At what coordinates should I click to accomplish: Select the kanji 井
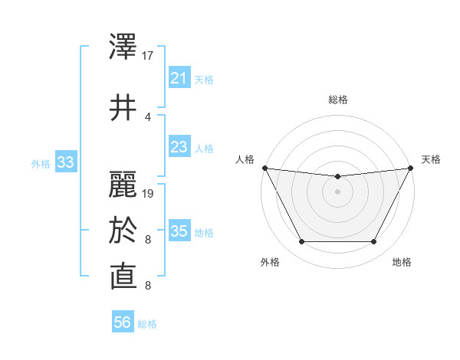coord(123,108)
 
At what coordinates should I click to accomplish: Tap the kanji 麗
coord(123,185)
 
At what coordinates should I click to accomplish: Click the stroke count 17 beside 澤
coord(148,56)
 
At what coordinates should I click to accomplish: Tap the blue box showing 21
coord(179,78)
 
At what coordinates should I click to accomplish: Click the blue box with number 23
coord(179,147)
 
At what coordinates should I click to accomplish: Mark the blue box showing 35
coord(179,231)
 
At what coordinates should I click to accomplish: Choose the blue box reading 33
coord(65,162)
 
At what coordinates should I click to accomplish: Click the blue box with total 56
coord(123,322)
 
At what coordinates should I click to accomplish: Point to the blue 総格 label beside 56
coord(147,324)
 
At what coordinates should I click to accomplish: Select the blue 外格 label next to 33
coord(41,163)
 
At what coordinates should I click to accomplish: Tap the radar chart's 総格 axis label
coord(337,100)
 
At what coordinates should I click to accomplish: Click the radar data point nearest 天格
coord(411,168)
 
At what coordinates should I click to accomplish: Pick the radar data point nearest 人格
coord(264,168)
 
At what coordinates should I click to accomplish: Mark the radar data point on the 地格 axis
coord(373,242)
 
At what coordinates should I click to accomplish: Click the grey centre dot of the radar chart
coord(337,191)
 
